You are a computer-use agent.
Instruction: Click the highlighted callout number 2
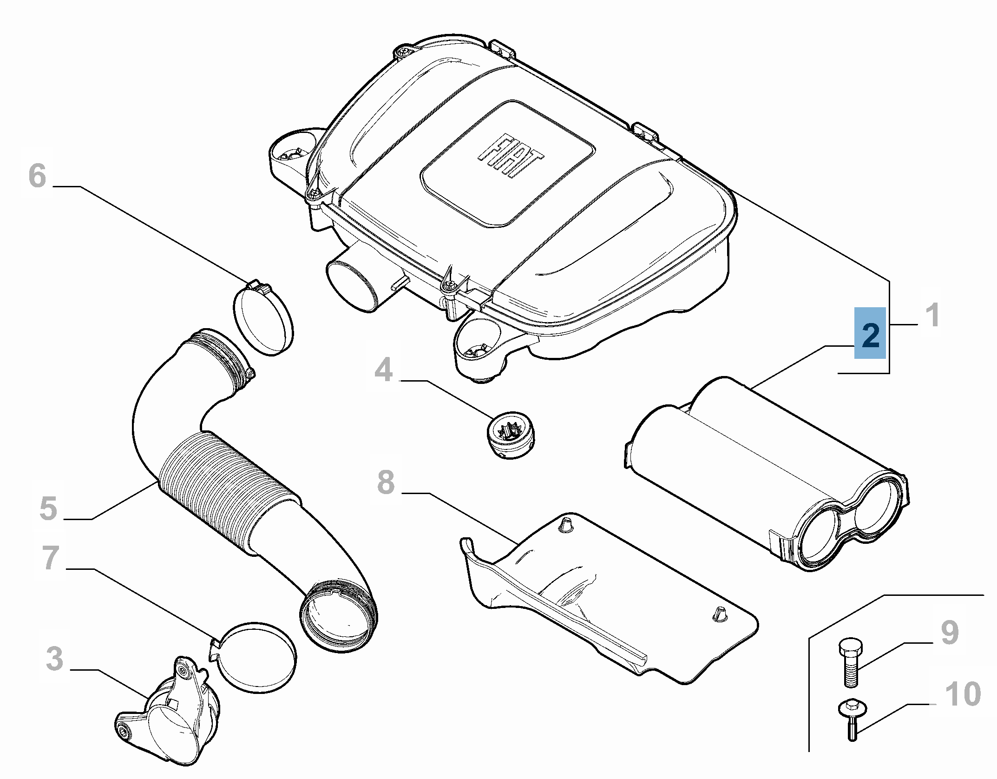[x=870, y=333]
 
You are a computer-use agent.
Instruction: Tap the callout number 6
[x=37, y=176]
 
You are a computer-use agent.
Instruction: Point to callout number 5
[x=48, y=508]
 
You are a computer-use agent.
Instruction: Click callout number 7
[x=51, y=558]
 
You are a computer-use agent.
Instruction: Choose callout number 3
[x=55, y=659]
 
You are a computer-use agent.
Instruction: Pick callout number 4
[x=384, y=370]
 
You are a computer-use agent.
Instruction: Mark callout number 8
[x=386, y=482]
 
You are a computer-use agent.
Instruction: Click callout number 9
[x=949, y=633]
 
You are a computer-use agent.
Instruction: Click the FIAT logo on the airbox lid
[x=511, y=156]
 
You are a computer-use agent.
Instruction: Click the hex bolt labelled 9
[x=850, y=662]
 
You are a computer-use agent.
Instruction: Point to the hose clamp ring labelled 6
[x=262, y=319]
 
